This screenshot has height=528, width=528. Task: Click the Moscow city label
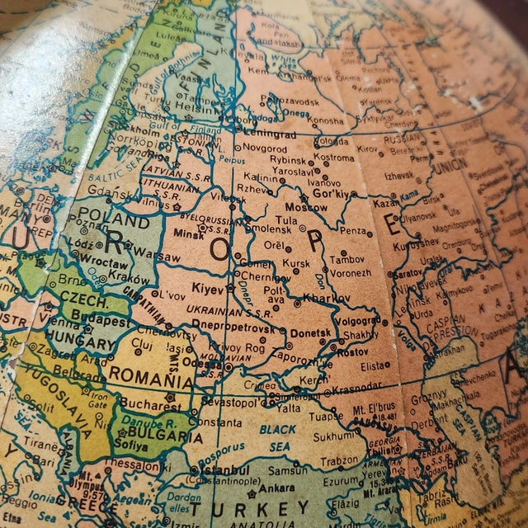click(x=306, y=207)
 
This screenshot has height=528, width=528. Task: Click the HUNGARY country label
click(x=81, y=343)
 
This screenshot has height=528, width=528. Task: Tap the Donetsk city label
click(x=310, y=332)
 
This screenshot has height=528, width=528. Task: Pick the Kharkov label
click(x=328, y=297)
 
